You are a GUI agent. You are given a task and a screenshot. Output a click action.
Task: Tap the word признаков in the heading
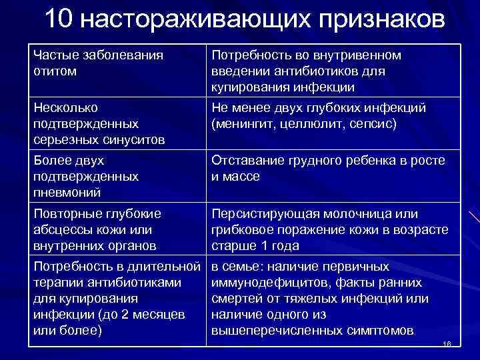coord(376,21)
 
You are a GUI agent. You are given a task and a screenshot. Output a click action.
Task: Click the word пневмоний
coord(65,192)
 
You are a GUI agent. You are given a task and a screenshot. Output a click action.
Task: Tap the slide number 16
coord(447,344)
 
